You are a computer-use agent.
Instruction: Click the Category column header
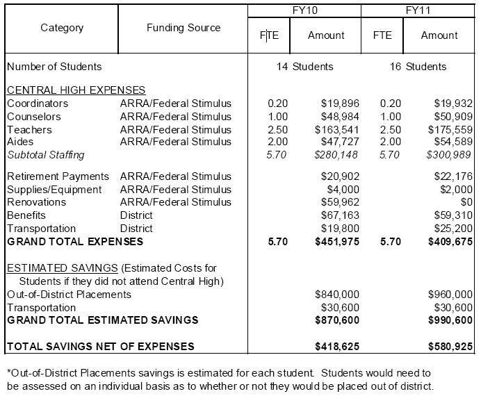[62, 28]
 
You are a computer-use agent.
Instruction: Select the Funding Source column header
[184, 28]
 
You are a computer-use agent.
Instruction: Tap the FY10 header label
[305, 11]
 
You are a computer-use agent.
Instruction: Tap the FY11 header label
[419, 11]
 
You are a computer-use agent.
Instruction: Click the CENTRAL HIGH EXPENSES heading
[76, 90]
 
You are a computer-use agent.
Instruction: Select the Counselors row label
[34, 117]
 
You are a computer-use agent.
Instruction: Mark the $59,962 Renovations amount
[339, 202]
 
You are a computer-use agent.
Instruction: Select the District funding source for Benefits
[136, 215]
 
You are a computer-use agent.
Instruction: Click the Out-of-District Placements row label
[69, 295]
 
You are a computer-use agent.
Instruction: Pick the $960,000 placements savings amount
[449, 295]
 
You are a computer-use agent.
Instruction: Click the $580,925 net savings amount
[449, 346]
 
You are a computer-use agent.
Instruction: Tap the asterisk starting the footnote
[8, 373]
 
